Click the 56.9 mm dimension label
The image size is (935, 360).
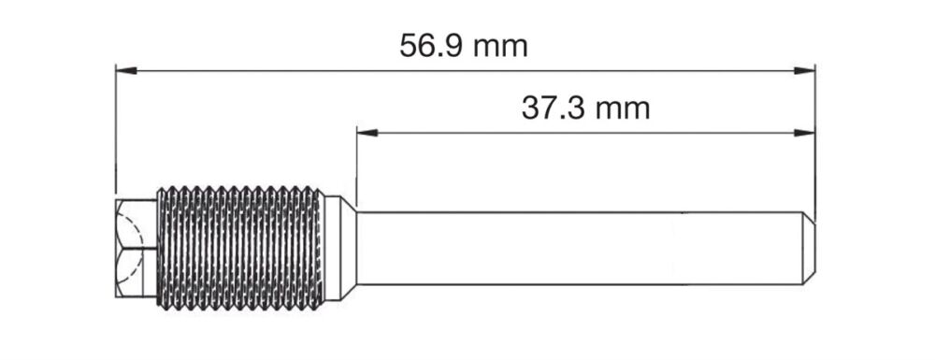tap(464, 46)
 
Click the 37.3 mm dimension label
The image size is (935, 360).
tap(585, 108)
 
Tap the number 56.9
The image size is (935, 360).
tap(429, 46)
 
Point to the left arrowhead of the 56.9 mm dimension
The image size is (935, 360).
tap(126, 70)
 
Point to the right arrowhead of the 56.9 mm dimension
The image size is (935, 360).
tap(804, 70)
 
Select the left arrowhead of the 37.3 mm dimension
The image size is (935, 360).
tap(367, 133)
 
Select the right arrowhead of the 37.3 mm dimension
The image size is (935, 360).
tap(804, 133)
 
